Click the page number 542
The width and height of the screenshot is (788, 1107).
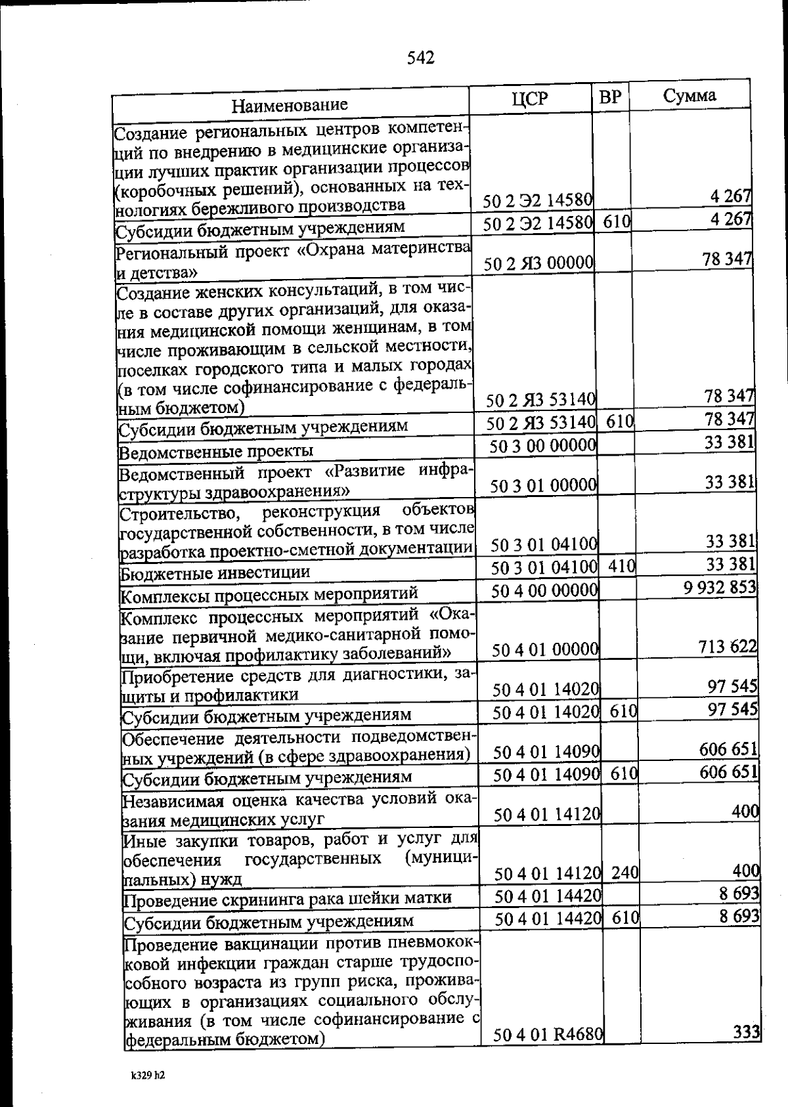420,58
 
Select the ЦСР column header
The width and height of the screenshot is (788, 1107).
529,98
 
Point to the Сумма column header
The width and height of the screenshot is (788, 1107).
689,96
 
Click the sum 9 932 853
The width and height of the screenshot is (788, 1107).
720,587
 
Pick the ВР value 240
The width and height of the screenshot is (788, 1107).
624,873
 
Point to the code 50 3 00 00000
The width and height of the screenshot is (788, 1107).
543,446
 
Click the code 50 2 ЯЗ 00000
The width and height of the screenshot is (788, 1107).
538,264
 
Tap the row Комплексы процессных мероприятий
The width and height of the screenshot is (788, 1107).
270,595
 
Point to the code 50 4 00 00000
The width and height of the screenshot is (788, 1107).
544,591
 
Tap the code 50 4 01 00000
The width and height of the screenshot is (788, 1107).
544,650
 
